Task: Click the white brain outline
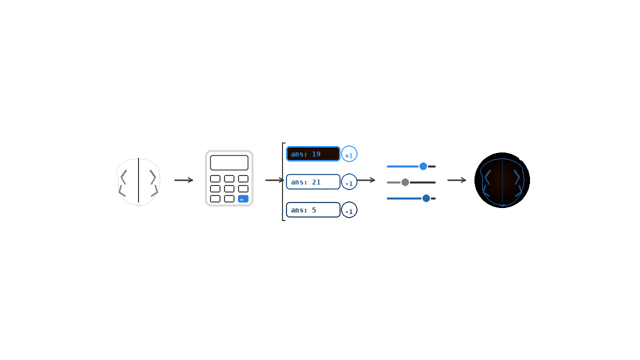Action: click(x=138, y=181)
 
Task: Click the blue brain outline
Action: click(x=502, y=181)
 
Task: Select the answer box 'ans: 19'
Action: click(x=313, y=154)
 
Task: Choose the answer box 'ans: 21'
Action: click(x=313, y=182)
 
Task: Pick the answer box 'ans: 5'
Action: click(x=313, y=210)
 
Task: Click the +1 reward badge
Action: click(x=349, y=154)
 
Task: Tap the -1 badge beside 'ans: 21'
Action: click(x=349, y=182)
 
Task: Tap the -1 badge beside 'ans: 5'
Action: click(x=349, y=210)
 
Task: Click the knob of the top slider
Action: click(x=423, y=166)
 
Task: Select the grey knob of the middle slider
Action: click(x=405, y=182)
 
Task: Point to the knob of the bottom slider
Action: click(x=426, y=198)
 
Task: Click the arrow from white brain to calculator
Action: click(x=183, y=180)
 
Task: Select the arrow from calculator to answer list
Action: click(x=274, y=180)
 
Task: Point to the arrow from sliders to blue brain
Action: click(x=456, y=180)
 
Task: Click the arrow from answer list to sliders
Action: click(x=366, y=180)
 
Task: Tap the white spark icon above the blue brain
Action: click(x=521, y=157)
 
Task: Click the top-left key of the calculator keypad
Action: click(x=215, y=178)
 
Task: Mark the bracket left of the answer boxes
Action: click(x=283, y=181)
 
